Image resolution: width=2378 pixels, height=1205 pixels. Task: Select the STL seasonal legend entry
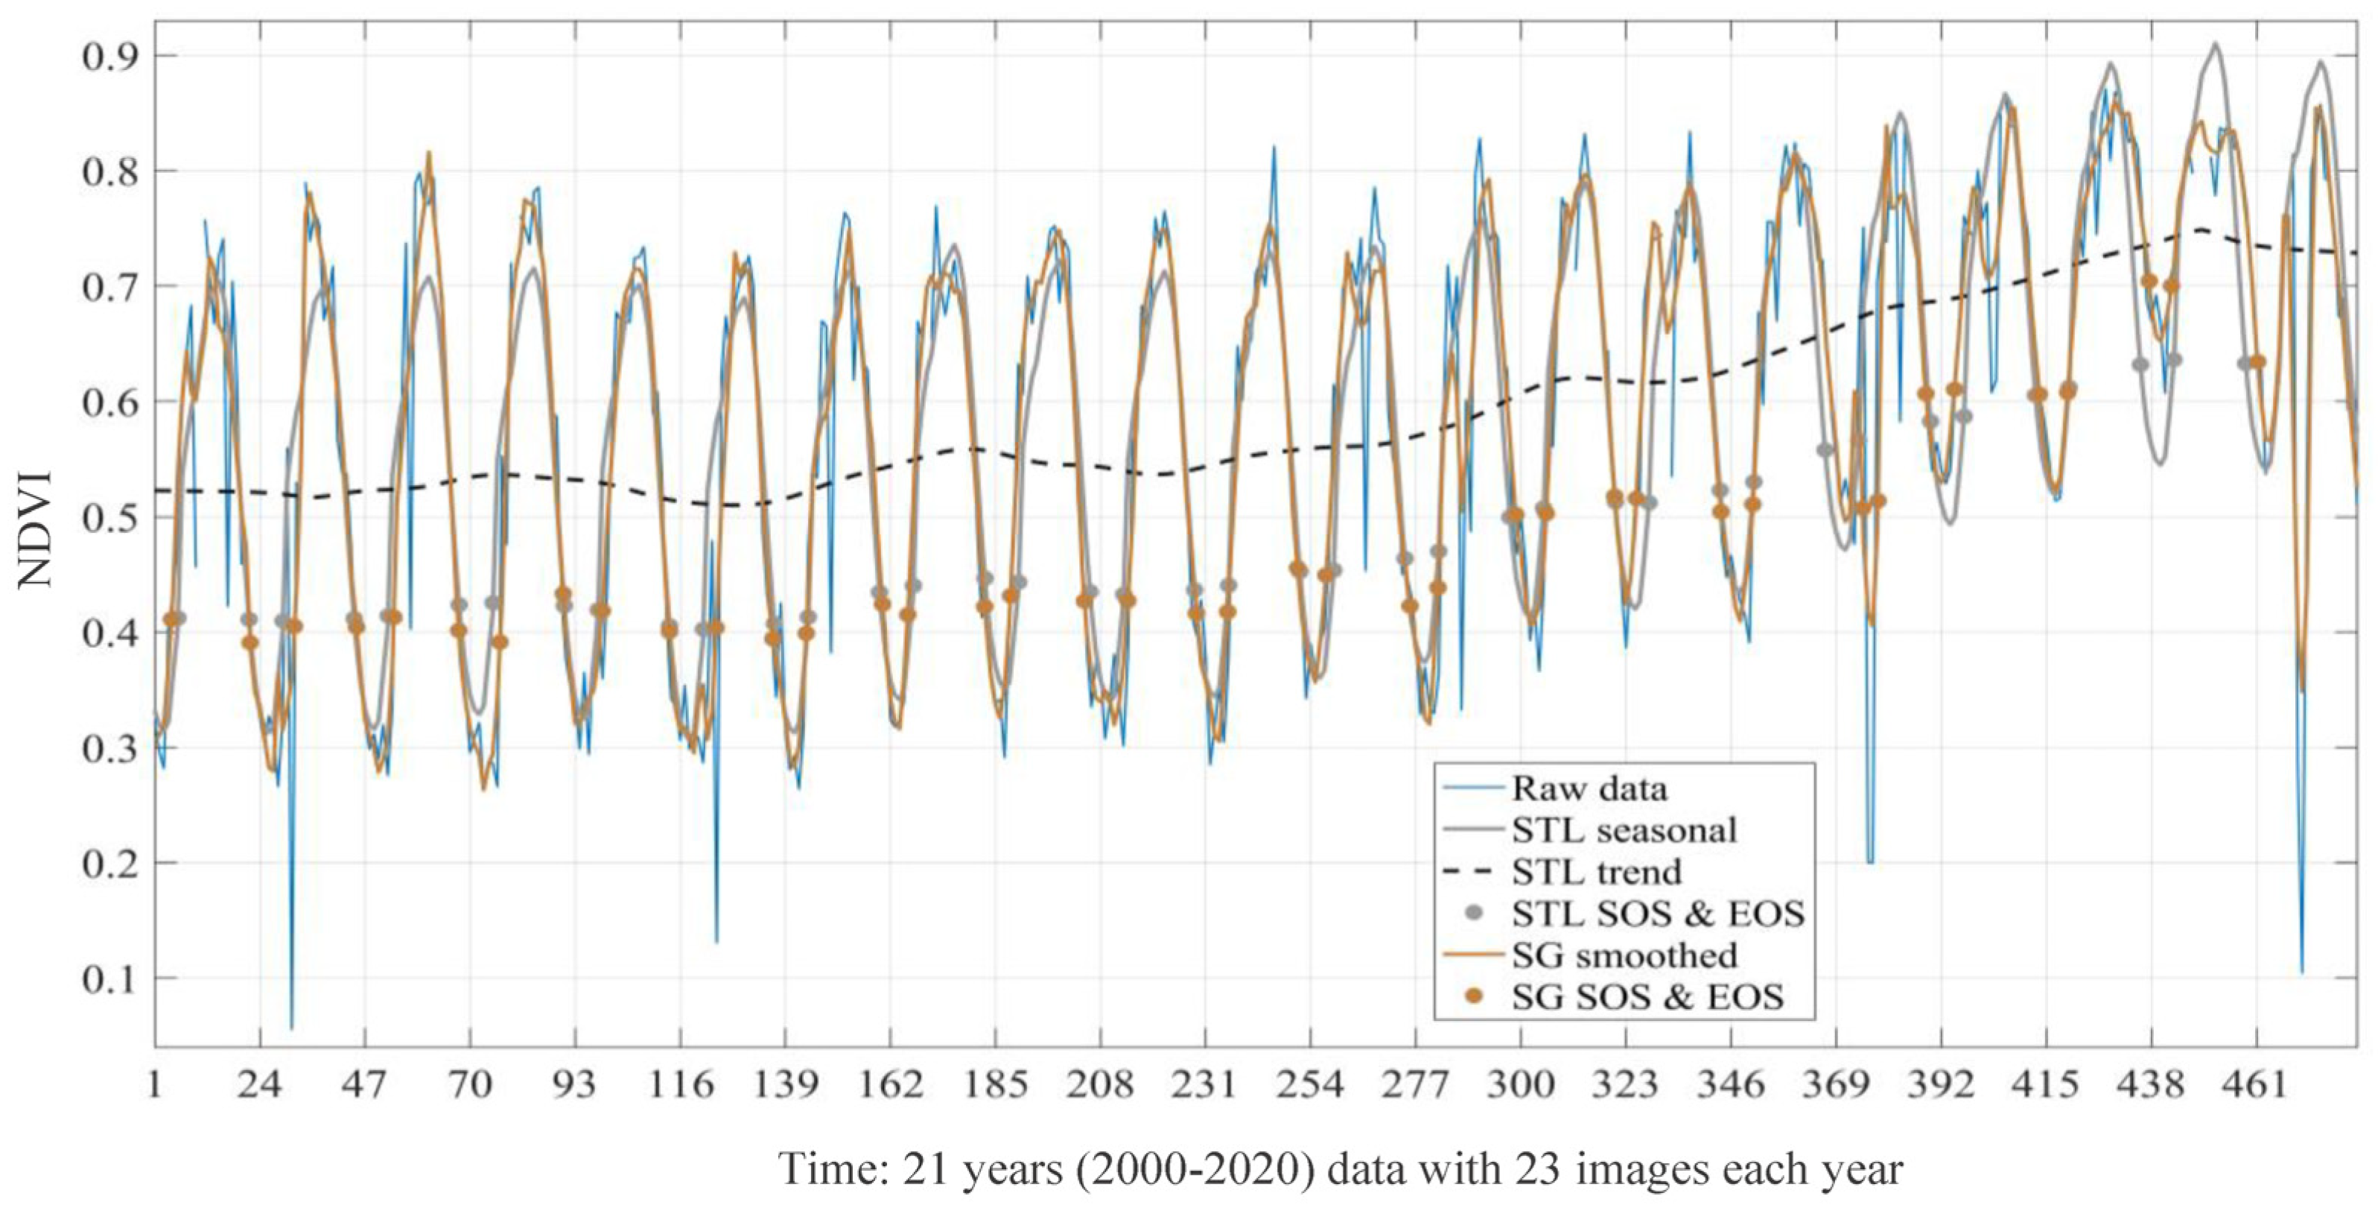coord(1624,830)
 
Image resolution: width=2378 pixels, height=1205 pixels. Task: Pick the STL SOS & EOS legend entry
coord(1658,913)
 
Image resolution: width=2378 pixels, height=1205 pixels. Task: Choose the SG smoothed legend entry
coord(1624,955)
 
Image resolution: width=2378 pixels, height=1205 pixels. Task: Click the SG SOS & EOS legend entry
coord(1648,996)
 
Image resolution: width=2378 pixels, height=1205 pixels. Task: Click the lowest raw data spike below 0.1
coord(292,1027)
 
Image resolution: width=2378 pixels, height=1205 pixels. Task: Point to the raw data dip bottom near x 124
coord(716,940)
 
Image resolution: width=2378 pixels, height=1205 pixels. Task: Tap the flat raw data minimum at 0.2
coord(1869,862)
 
